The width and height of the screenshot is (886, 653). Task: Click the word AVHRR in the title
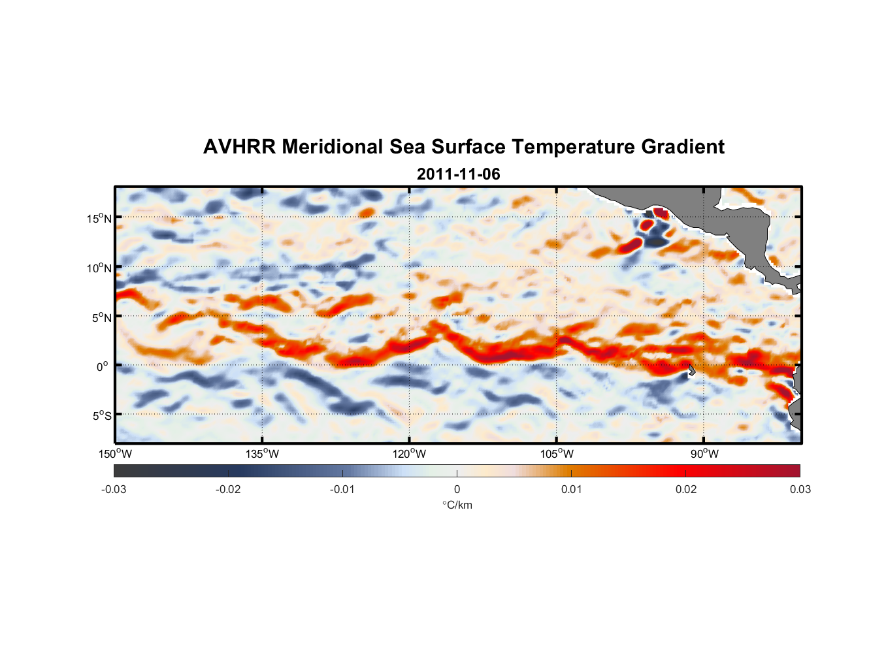pyautogui.click(x=239, y=147)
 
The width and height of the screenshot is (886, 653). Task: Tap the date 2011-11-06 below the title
pyautogui.click(x=458, y=174)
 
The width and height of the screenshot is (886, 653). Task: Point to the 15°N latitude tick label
pyautogui.click(x=99, y=218)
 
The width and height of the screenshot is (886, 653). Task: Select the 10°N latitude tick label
pyautogui.click(x=99, y=268)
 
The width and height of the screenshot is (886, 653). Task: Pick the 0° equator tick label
pyautogui.click(x=103, y=366)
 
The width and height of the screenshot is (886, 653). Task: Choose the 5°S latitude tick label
pyautogui.click(x=102, y=415)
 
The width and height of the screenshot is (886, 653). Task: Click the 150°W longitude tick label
pyautogui.click(x=115, y=454)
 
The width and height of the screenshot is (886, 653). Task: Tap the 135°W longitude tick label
pyautogui.click(x=262, y=454)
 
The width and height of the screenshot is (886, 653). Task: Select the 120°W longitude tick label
pyautogui.click(x=409, y=454)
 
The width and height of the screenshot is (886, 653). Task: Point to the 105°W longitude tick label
pyautogui.click(x=557, y=454)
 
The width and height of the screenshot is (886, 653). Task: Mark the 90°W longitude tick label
pyautogui.click(x=704, y=454)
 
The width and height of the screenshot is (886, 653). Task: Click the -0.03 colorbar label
pyautogui.click(x=114, y=489)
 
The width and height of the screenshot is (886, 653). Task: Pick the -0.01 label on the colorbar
pyautogui.click(x=342, y=489)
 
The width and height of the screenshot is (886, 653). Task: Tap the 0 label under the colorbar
pyautogui.click(x=457, y=489)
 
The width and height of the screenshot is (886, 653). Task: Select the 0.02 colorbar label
pyautogui.click(x=686, y=489)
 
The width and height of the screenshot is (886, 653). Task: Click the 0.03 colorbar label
pyautogui.click(x=800, y=489)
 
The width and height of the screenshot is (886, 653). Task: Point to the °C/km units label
pyautogui.click(x=457, y=505)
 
